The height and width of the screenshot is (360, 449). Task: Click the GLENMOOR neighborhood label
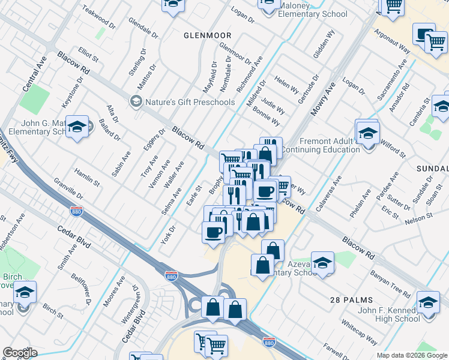pyautogui.click(x=206, y=35)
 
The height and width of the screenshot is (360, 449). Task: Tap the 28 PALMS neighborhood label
pyautogui.click(x=351, y=299)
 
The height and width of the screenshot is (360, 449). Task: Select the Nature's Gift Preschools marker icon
pyautogui.click(x=136, y=102)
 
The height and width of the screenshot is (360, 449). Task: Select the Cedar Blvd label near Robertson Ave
pyautogui.click(x=73, y=235)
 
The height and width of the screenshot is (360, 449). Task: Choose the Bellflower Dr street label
pyautogui.click(x=81, y=289)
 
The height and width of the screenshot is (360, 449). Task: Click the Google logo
pyautogui.click(x=20, y=353)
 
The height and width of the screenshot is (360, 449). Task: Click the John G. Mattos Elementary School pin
pyautogui.click(x=77, y=127)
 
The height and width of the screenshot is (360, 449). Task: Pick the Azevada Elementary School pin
pyautogui.click(x=322, y=263)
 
